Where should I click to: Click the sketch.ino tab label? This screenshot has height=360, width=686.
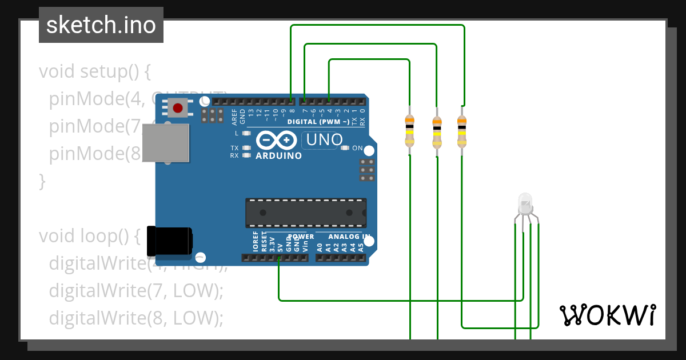click(x=101, y=25)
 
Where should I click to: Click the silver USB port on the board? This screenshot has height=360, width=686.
click(x=166, y=143)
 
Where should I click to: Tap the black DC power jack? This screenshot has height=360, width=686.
click(x=169, y=241)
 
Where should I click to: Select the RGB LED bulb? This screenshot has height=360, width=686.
click(x=524, y=202)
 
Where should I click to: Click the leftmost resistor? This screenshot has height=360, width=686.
click(x=409, y=130)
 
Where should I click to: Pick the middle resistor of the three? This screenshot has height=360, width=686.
click(x=437, y=131)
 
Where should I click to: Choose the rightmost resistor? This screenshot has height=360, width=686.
click(x=462, y=130)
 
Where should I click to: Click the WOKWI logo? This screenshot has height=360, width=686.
click(x=607, y=315)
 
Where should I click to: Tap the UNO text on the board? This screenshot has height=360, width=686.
click(x=325, y=139)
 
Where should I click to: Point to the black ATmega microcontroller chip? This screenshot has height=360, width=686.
click(x=306, y=212)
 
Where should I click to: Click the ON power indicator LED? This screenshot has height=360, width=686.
click(x=345, y=148)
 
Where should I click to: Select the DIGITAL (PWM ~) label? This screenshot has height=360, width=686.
click(x=318, y=122)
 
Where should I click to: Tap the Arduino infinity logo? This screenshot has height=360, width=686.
click(x=277, y=140)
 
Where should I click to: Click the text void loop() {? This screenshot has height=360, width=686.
click(x=90, y=236)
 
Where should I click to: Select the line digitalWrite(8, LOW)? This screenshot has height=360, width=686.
click(x=136, y=318)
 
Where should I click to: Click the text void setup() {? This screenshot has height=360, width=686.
click(x=95, y=72)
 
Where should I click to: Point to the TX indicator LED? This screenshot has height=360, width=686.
click(x=247, y=148)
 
